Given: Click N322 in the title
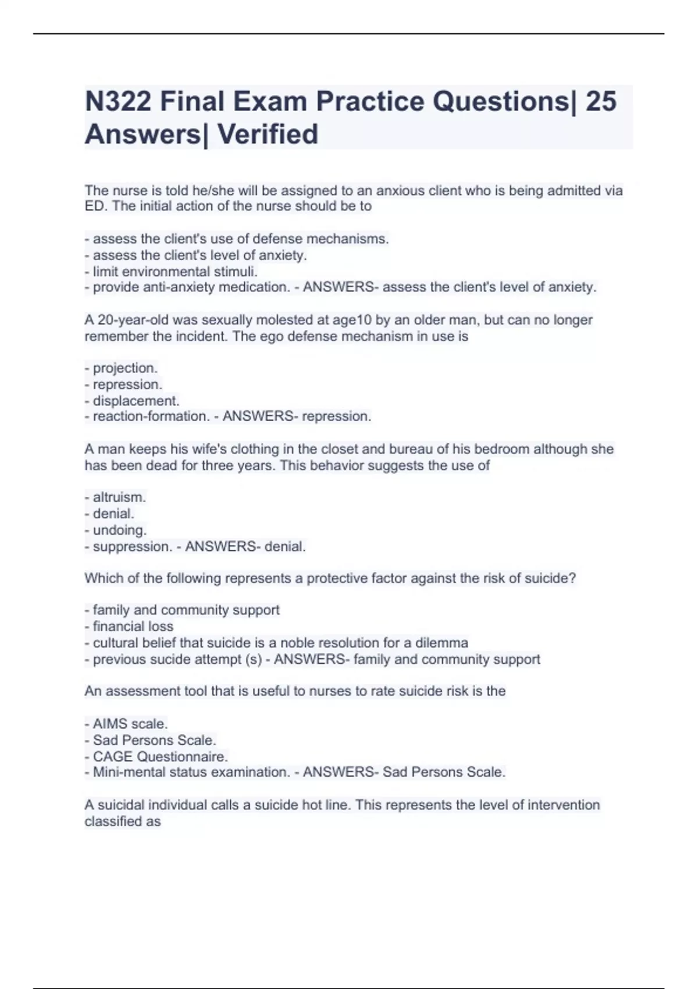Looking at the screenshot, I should tap(118, 102).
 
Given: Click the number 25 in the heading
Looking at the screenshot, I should tap(601, 102).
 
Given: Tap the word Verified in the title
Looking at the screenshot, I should tap(268, 134).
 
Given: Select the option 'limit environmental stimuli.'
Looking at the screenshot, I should tap(174, 272).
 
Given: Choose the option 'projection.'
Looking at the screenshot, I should tap(124, 368).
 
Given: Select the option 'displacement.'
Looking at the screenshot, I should tap(136, 401).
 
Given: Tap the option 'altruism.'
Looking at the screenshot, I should tap(119, 497).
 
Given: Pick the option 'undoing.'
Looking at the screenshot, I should tap(119, 530).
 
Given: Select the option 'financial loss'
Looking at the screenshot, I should tap(133, 627).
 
